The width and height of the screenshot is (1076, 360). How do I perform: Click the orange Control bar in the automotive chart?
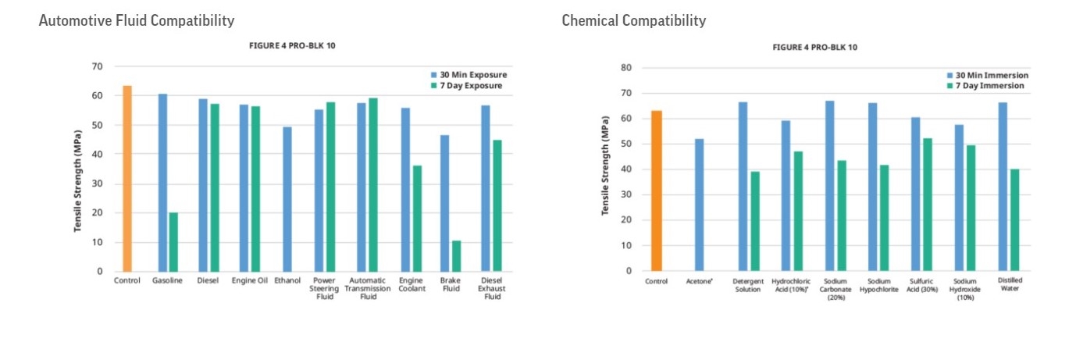coord(127,179)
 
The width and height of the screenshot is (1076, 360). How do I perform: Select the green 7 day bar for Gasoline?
coord(173,242)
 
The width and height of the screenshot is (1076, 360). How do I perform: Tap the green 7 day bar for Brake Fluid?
coord(456,256)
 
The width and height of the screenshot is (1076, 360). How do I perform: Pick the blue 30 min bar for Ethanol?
coord(287,199)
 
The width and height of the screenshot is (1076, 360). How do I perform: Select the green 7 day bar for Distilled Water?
coord(1014,220)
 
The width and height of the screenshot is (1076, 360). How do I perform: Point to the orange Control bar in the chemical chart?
coord(657,191)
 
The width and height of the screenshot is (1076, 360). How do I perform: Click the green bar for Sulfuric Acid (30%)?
coord(927,205)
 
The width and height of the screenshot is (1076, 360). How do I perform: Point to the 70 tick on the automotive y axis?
coord(97,66)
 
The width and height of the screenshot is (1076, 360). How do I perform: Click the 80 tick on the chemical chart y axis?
coord(626,68)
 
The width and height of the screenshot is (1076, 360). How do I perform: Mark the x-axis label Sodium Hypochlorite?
coord(878,284)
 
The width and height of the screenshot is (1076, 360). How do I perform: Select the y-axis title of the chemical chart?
coord(605,166)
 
